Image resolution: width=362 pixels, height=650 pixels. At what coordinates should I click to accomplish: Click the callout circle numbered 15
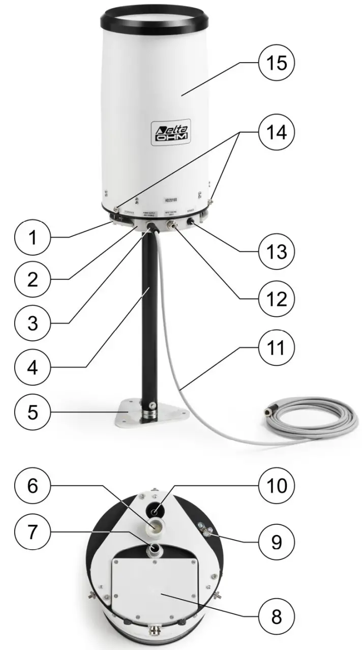(x=276, y=65)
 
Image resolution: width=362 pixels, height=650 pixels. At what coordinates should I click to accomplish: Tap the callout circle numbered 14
(x=276, y=133)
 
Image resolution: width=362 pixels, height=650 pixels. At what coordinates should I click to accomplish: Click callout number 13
(x=276, y=251)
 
